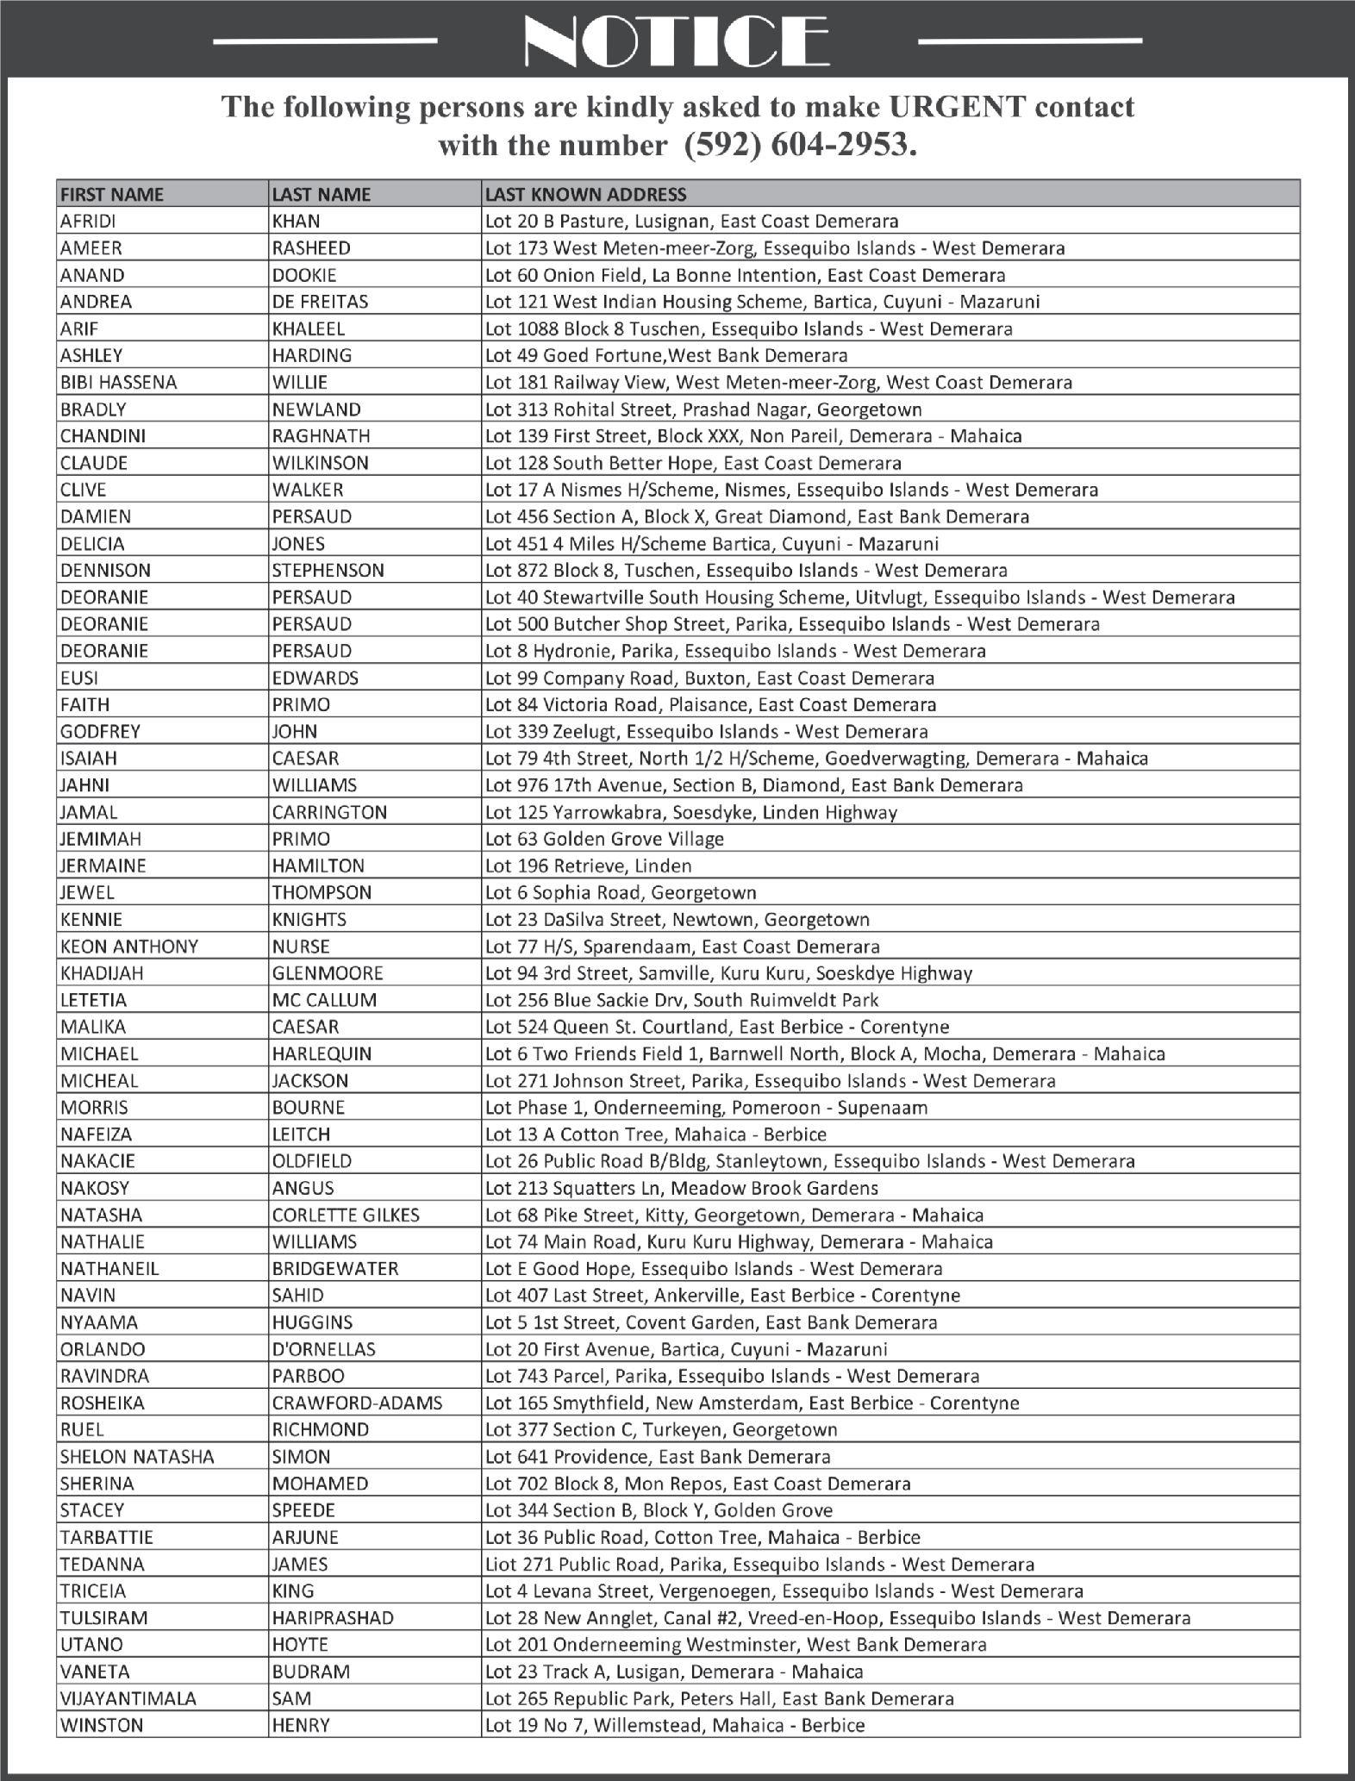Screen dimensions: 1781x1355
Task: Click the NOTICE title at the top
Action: click(x=677, y=42)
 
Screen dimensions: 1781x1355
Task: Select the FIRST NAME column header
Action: click(x=112, y=194)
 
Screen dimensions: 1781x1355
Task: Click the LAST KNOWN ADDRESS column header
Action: click(x=586, y=194)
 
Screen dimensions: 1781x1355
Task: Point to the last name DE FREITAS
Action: click(x=320, y=302)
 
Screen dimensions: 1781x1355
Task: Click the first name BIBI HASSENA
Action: click(x=118, y=382)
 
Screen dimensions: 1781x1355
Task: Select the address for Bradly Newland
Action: click(x=703, y=409)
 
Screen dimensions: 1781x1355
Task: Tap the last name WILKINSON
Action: click(x=320, y=463)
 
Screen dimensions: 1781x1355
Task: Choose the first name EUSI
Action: click(x=78, y=678)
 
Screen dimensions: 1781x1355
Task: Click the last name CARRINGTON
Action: click(x=329, y=812)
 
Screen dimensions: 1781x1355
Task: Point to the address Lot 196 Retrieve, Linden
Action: click(x=588, y=866)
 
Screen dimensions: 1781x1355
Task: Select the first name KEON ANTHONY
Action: click(x=129, y=947)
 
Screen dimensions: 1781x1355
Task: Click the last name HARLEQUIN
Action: click(x=322, y=1053)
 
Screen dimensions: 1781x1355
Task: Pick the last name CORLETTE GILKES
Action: click(x=346, y=1215)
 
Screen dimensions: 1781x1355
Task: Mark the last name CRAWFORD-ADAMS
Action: click(x=357, y=1403)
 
